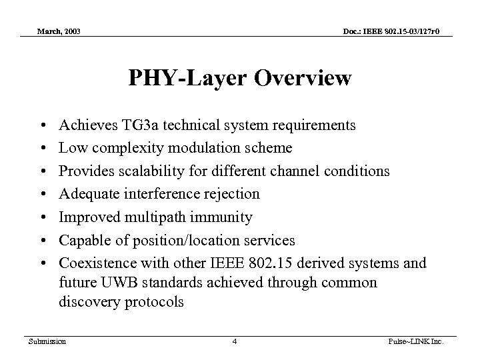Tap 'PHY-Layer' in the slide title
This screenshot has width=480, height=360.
(x=175, y=79)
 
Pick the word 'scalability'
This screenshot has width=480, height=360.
(x=145, y=171)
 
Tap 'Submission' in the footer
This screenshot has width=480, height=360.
(x=47, y=341)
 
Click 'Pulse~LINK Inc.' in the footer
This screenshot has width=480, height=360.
(x=423, y=341)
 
